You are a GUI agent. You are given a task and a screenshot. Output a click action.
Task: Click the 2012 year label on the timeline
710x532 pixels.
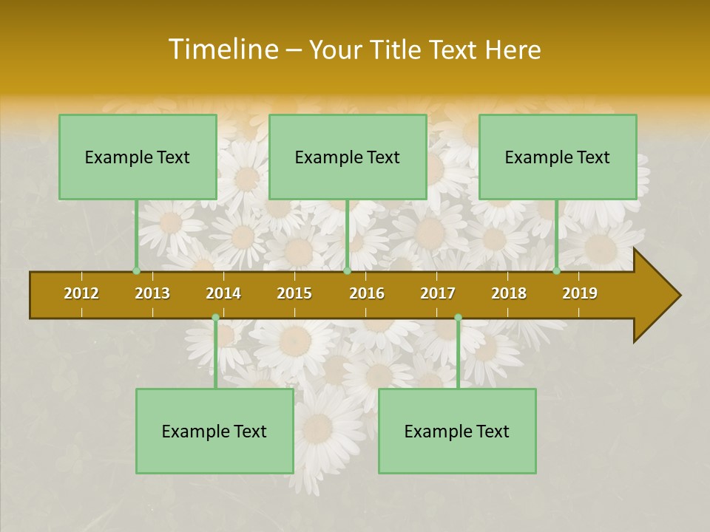pyautogui.click(x=81, y=293)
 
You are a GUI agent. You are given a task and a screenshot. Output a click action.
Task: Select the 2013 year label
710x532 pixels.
pyautogui.click(x=152, y=293)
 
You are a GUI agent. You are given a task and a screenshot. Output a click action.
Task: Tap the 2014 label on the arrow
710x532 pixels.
pyautogui.click(x=223, y=293)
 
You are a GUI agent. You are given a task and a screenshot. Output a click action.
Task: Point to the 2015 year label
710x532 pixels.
pyautogui.click(x=294, y=293)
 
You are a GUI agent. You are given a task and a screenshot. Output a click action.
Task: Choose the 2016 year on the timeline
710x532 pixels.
pyautogui.click(x=367, y=293)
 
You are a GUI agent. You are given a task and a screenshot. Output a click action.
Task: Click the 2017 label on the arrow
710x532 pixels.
pyautogui.click(x=438, y=293)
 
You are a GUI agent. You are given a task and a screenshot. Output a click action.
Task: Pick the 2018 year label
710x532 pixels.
pyautogui.click(x=509, y=293)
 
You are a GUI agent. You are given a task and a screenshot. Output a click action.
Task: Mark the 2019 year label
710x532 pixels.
pyautogui.click(x=580, y=293)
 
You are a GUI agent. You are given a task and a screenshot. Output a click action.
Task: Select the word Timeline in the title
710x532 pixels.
pyautogui.click(x=221, y=50)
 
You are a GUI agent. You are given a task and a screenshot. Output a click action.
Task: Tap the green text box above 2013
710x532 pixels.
pyautogui.click(x=138, y=157)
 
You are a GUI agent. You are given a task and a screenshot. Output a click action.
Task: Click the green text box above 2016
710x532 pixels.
pyautogui.click(x=348, y=157)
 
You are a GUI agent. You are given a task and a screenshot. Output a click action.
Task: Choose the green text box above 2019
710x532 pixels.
pyautogui.click(x=558, y=157)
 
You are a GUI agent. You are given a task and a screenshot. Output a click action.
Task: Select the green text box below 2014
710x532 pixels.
pyautogui.click(x=214, y=431)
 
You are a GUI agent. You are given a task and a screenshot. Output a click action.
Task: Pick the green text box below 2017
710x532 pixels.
pyautogui.click(x=457, y=431)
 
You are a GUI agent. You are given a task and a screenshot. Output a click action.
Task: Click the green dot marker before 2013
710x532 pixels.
pyautogui.click(x=136, y=270)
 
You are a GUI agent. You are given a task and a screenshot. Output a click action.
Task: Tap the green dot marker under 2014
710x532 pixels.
pyautogui.click(x=215, y=317)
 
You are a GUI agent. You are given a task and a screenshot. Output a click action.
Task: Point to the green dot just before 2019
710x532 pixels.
pyautogui.click(x=557, y=270)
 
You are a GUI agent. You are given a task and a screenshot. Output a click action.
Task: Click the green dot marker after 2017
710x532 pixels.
pyautogui.click(x=458, y=317)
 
